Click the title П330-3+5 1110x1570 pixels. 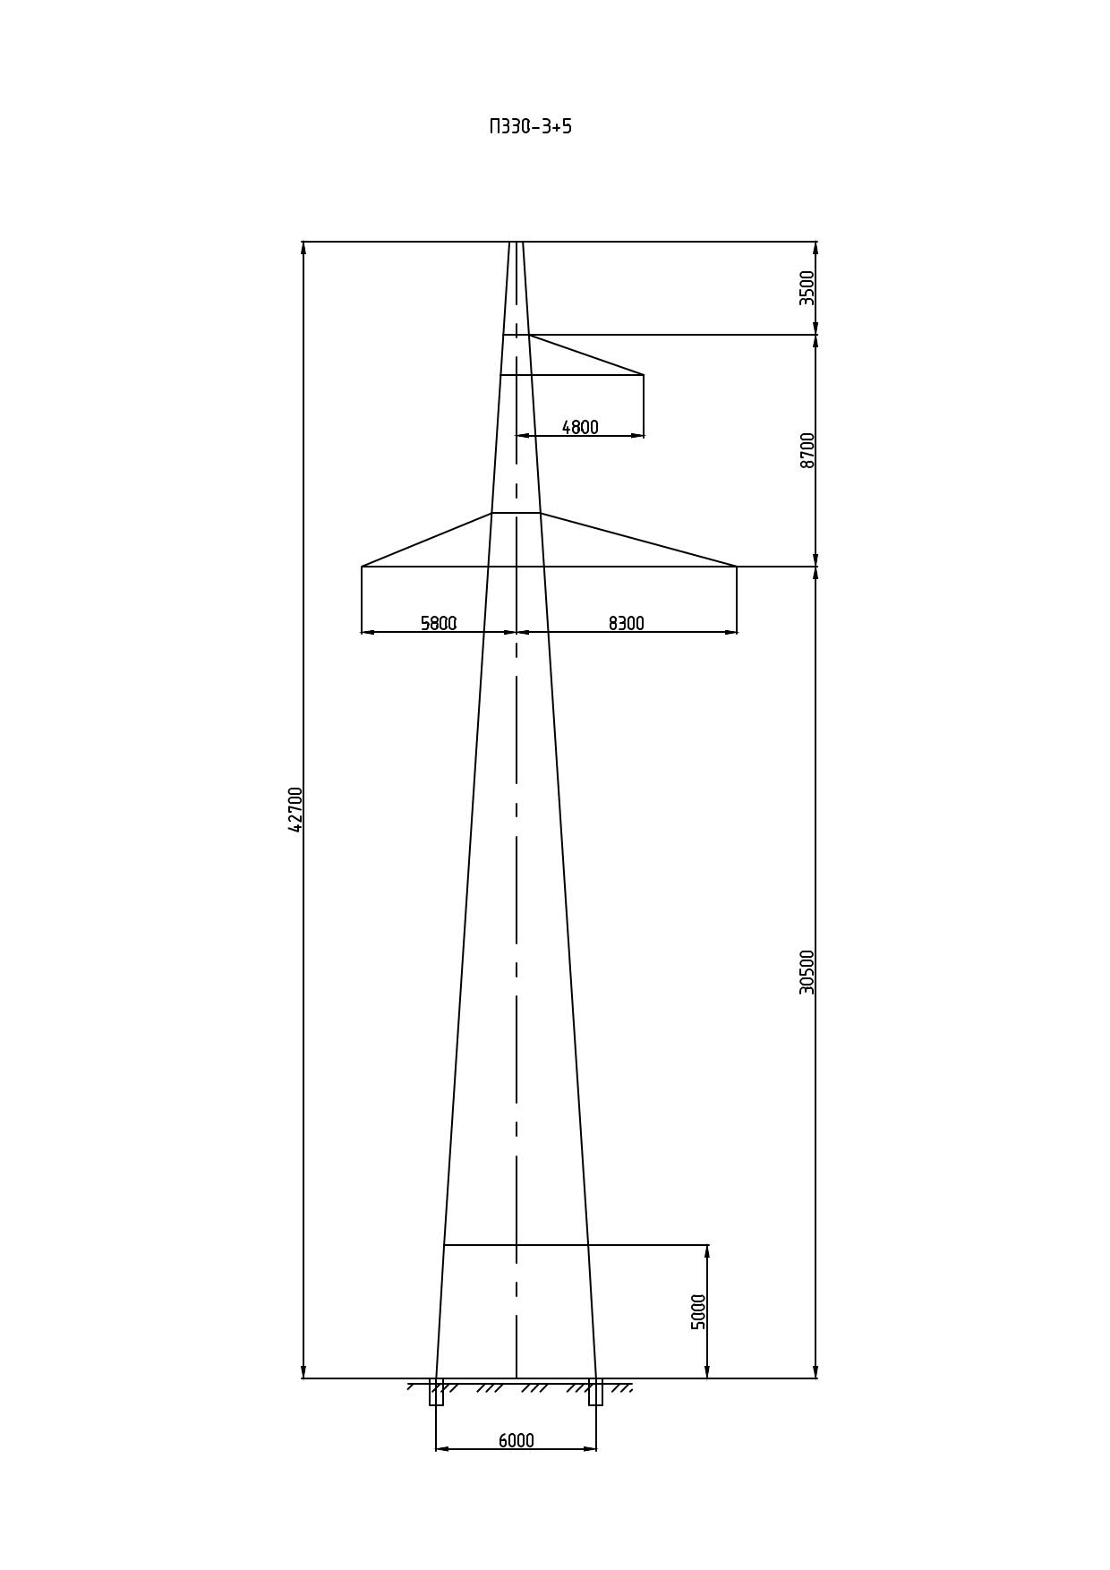tap(530, 126)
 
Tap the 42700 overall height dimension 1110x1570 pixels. tap(295, 809)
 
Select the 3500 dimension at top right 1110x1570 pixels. tap(807, 288)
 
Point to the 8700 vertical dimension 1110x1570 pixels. tap(807, 450)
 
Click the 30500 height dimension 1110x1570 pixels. tap(807, 972)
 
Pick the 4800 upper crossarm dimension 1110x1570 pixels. tap(580, 428)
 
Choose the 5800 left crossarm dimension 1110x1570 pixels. tap(439, 623)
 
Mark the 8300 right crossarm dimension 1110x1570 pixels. tap(627, 623)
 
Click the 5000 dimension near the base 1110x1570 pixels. tap(699, 1311)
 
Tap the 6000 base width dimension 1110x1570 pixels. tap(517, 1440)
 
